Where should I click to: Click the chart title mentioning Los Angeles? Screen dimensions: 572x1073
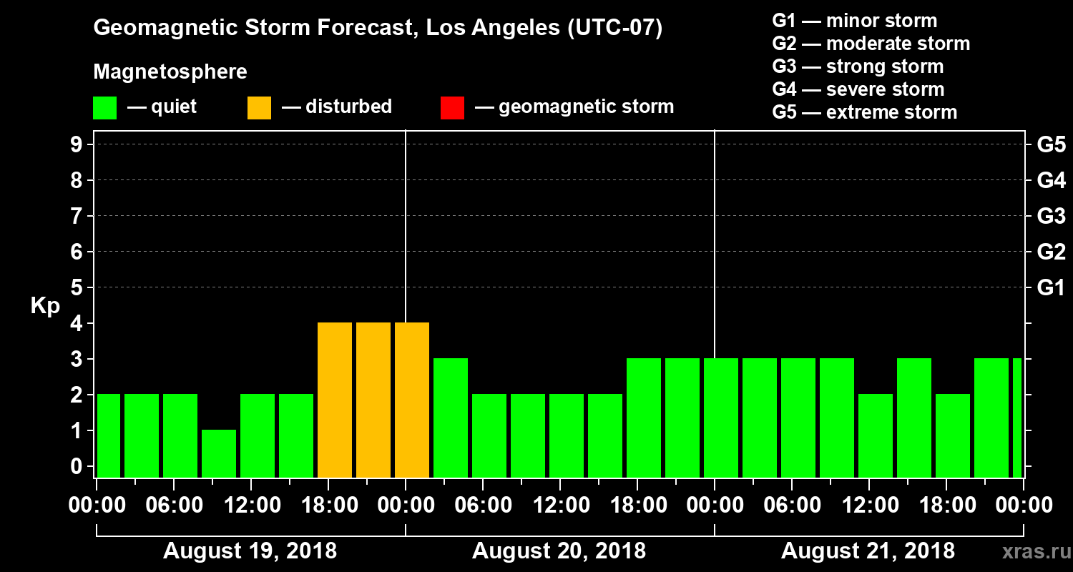point(378,29)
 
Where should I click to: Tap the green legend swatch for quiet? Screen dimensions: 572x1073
point(104,107)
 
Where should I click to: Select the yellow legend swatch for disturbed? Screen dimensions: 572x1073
point(259,107)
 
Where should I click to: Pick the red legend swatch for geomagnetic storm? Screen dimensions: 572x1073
point(452,107)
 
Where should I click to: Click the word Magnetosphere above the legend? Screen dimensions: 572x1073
point(170,72)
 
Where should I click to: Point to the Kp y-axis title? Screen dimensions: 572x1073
point(45,305)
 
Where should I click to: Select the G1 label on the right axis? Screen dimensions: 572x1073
point(1051,287)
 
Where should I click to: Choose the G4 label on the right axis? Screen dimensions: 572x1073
point(1051,180)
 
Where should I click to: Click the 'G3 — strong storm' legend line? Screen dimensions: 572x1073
point(858,66)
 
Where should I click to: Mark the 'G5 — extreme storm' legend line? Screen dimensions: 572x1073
point(864,112)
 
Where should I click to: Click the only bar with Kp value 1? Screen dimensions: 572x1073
point(219,453)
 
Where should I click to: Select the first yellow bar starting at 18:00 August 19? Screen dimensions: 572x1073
point(335,400)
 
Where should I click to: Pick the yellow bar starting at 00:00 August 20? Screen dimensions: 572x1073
point(412,400)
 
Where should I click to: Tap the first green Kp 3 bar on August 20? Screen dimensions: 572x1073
point(451,418)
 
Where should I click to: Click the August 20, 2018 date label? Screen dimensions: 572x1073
point(559,551)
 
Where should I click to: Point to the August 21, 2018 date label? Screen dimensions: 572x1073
point(868,551)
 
